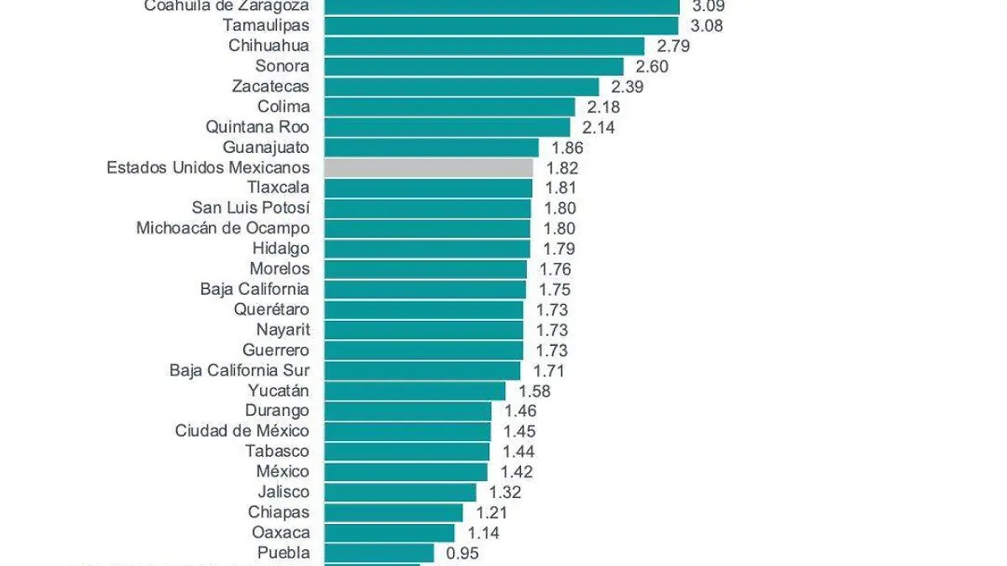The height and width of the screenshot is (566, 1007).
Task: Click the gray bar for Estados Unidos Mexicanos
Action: point(428,168)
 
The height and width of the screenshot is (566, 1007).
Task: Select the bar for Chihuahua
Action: point(484,46)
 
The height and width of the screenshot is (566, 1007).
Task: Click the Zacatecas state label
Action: point(270,86)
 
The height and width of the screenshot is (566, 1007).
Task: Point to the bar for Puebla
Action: point(379,553)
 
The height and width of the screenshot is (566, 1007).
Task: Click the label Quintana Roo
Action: point(257,127)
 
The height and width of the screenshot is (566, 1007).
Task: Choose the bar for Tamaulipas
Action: point(501,25)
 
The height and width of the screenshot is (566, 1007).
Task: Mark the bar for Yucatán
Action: point(415,390)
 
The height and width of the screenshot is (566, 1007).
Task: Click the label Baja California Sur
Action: point(239,370)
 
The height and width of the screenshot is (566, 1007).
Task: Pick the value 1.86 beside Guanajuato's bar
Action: point(566,148)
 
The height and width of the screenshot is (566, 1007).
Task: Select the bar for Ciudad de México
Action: point(407,431)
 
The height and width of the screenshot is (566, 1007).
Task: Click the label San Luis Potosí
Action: point(250,207)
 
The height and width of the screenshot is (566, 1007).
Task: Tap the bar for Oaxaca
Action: point(389,532)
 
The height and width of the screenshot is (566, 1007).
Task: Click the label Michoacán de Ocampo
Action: point(222,228)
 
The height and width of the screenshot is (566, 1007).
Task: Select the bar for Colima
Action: point(449,107)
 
